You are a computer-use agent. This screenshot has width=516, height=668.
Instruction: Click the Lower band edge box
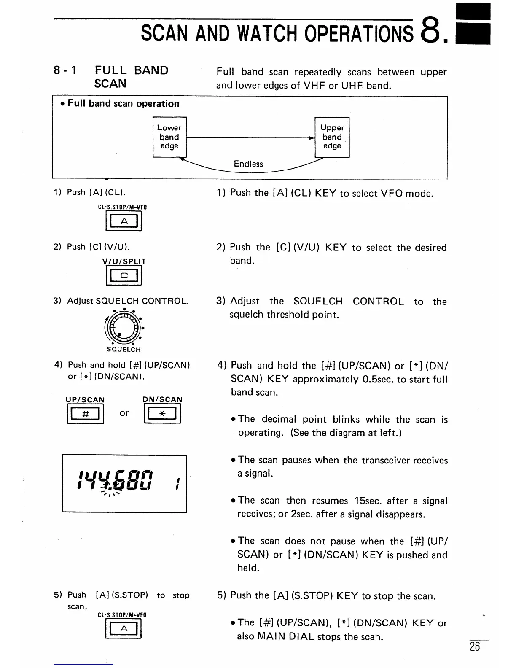(169, 137)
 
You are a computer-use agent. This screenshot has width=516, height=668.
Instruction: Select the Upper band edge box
(332, 137)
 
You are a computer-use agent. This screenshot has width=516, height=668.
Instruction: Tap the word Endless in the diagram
(248, 164)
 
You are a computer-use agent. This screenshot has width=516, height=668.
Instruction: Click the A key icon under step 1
(124, 221)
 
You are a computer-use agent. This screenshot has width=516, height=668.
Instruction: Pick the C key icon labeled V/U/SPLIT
(124, 276)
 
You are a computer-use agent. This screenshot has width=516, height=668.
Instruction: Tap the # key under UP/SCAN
(85, 414)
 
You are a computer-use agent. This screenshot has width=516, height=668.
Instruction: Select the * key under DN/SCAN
(162, 414)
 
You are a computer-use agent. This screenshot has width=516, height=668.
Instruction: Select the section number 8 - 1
(65, 70)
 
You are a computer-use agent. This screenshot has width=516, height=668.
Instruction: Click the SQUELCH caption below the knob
(124, 350)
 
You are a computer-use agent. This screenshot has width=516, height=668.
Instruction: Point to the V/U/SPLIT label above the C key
(124, 261)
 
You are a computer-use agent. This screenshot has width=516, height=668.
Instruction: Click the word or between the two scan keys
(124, 413)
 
